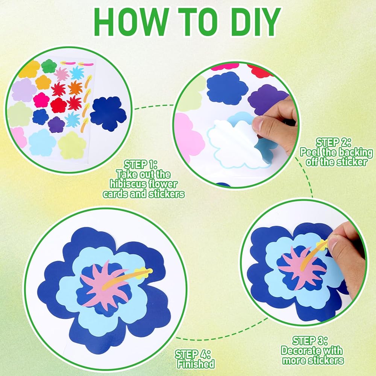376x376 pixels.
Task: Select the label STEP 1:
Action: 141,165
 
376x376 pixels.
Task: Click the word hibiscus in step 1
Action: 126,184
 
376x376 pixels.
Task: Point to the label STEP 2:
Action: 334,143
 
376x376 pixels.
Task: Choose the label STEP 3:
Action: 310,341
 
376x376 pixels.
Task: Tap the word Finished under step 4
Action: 196,364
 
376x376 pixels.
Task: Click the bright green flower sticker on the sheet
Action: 49,66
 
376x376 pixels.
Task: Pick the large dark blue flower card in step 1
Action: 108,114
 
